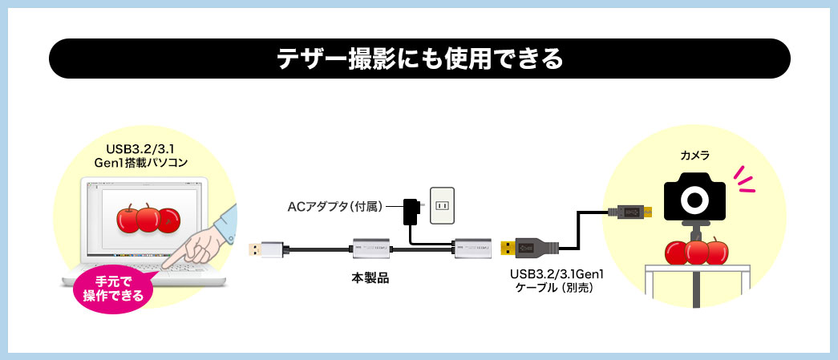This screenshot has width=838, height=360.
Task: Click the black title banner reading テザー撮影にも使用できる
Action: (x=419, y=59)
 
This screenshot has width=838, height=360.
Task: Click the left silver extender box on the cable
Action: (x=370, y=249)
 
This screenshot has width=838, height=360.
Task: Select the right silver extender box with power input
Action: (x=472, y=249)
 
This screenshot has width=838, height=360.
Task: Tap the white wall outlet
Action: (x=443, y=206)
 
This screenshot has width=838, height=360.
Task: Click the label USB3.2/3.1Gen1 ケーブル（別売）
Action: (x=551, y=281)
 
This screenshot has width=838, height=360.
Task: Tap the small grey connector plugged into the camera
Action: (x=632, y=212)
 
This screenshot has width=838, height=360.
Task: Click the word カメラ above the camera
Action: (x=695, y=156)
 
